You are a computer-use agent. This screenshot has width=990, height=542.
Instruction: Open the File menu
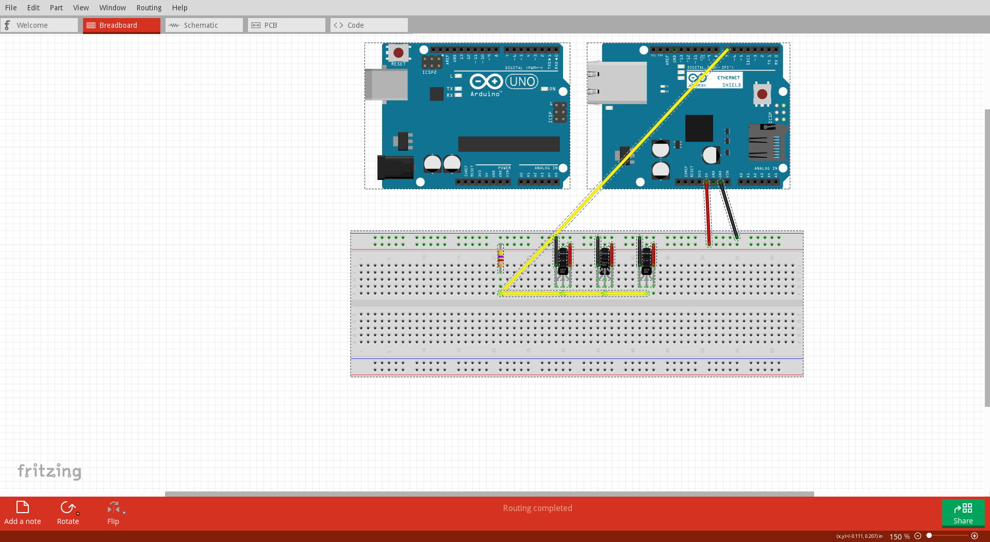11,8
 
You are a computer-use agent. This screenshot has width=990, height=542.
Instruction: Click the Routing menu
148,8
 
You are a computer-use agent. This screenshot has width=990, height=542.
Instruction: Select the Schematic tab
201,25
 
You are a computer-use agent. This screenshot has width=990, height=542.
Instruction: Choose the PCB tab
270,25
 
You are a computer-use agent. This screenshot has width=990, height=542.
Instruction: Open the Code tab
355,25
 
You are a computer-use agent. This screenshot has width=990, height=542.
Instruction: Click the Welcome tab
32,25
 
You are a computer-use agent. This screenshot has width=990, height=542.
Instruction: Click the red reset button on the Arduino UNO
398,53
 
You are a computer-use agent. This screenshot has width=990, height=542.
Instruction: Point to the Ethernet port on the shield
617,83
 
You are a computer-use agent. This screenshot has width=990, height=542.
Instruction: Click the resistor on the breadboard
500,258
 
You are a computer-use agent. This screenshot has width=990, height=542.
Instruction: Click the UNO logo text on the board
522,81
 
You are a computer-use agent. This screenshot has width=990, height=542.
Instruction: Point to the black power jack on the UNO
395,167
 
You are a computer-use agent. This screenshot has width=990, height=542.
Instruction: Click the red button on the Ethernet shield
762,94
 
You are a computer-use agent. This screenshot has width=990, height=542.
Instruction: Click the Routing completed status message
537,508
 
